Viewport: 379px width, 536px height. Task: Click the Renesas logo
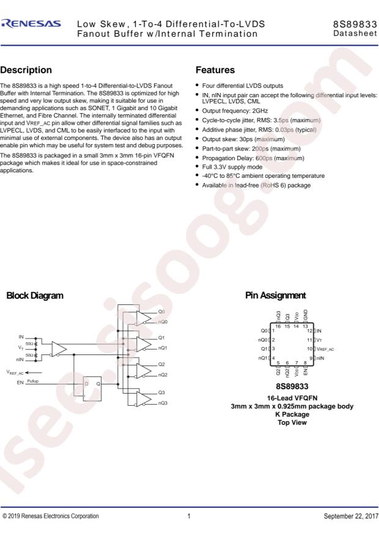tap(31, 23)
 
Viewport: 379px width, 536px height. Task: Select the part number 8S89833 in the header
tap(355, 24)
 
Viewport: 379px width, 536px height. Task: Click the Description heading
tap(26, 70)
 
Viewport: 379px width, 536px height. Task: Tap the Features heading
tap(215, 70)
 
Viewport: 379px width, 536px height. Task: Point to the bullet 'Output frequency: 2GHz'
tap(235, 111)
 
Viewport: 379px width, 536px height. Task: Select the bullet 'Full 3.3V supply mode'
tap(232, 167)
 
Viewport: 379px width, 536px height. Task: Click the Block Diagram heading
tap(35, 296)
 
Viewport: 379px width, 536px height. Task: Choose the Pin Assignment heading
tap(276, 295)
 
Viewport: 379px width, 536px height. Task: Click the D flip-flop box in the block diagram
tap(92, 389)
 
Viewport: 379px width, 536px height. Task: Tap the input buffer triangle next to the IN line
tap(59, 350)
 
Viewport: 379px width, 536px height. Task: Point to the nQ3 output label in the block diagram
tap(163, 403)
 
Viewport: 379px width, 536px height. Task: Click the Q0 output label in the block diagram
tap(161, 312)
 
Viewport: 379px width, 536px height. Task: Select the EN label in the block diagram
tap(20, 383)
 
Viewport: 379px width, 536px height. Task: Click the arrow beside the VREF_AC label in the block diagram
tap(34, 373)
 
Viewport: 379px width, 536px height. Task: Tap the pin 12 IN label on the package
tap(319, 331)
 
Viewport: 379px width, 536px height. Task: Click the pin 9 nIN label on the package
tap(320, 358)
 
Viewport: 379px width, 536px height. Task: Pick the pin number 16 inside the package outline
tap(278, 326)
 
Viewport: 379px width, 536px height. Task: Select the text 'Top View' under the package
tap(292, 422)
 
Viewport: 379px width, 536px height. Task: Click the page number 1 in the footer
tap(189, 516)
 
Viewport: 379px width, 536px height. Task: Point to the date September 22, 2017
tap(351, 516)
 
